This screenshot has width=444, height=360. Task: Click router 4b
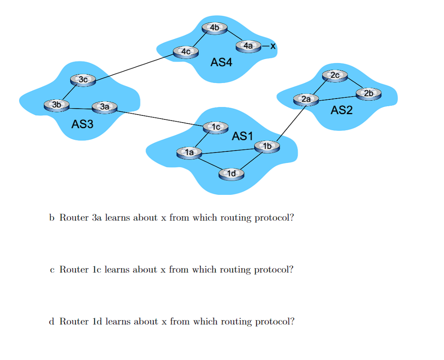tap(214, 28)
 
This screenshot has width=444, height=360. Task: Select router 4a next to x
tap(248, 46)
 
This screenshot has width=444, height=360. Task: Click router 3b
tap(56, 105)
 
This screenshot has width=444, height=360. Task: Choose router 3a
tap(104, 107)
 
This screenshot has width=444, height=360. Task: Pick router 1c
tap(216, 127)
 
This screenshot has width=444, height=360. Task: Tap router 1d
tap(231, 174)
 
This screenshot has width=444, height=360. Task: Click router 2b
tap(369, 94)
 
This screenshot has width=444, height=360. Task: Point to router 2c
tap(335, 75)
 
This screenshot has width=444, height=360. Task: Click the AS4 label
tap(221, 63)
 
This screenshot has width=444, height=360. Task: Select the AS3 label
tap(83, 124)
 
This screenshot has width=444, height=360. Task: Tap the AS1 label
tap(242, 136)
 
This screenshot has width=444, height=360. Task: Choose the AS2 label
tap(341, 110)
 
